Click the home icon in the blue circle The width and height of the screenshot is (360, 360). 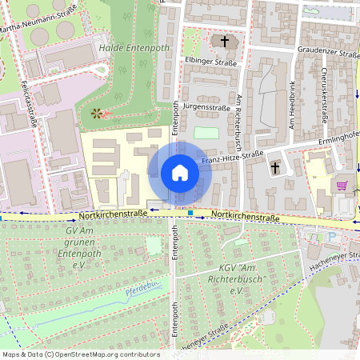[x=180, y=173]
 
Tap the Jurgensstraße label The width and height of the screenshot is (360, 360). [x=206, y=106]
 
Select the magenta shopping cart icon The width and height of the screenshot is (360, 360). [x=342, y=186]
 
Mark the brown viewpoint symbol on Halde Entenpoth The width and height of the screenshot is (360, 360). [x=98, y=114]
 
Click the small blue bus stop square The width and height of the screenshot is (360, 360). [x=190, y=213]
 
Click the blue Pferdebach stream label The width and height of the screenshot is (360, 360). [x=142, y=291]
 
